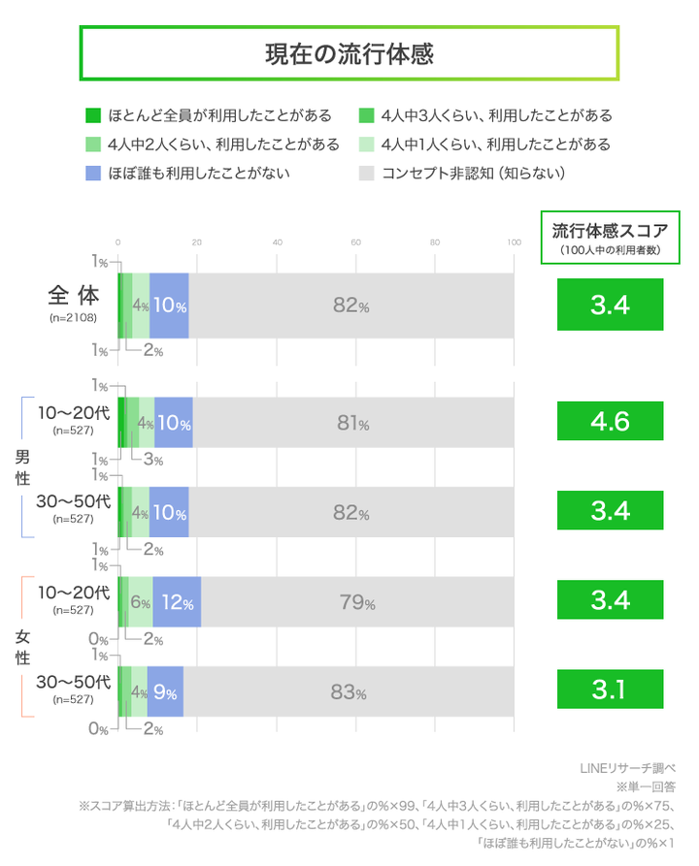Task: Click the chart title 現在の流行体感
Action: point(349,53)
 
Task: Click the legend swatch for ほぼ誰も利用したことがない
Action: point(92,174)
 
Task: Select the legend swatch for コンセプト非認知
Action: point(366,174)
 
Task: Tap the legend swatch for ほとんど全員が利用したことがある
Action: point(92,115)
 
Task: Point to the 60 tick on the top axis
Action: point(356,241)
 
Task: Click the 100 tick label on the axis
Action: point(514,241)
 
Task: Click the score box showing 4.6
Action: point(610,422)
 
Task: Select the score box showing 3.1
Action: point(610,691)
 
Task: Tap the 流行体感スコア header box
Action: point(610,237)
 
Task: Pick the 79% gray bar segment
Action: point(357,602)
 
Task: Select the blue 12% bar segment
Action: point(177,602)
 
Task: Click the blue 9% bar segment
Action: point(165,692)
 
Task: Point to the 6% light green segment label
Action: point(139,602)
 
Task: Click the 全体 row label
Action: point(70,298)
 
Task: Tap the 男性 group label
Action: point(21,467)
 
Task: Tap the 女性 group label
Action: point(21,648)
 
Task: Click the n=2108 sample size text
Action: point(72,318)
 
